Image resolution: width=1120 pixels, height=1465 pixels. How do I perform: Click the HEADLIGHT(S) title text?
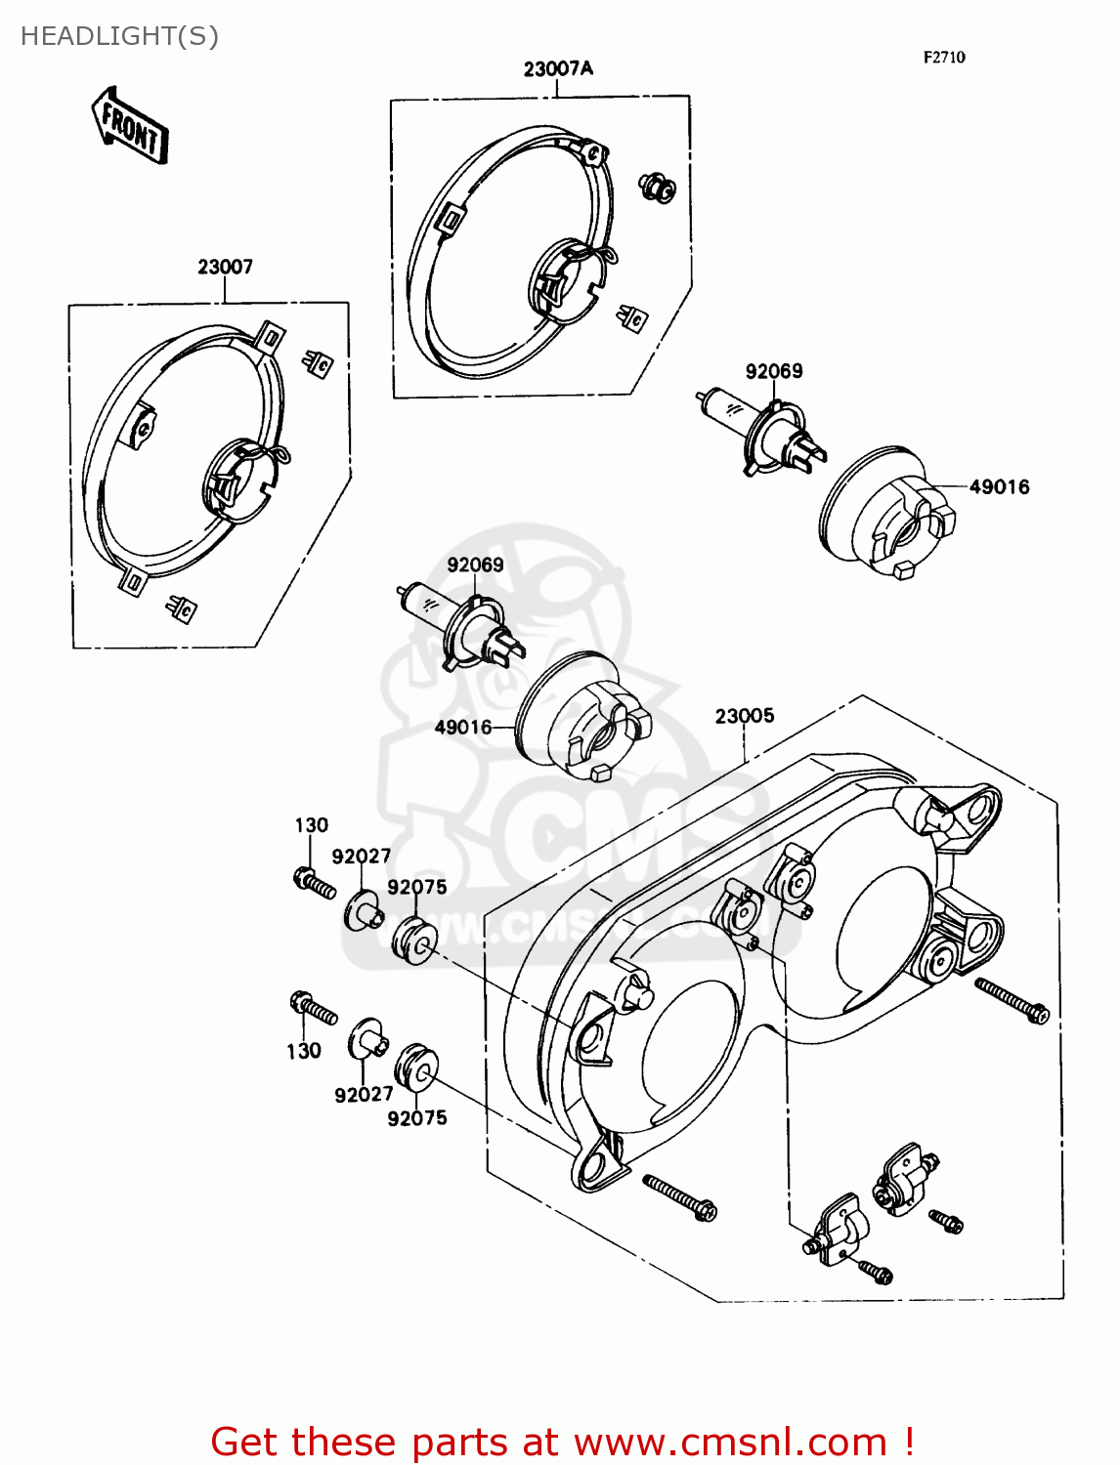click(x=119, y=36)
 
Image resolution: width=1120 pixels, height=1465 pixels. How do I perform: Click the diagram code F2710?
click(x=944, y=58)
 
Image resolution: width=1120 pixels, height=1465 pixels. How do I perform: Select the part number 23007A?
click(x=558, y=69)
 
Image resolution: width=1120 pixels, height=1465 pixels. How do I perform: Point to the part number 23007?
click(x=225, y=267)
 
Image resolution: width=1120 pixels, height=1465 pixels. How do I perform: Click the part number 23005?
click(x=744, y=716)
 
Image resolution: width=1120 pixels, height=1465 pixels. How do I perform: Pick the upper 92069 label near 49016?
click(x=774, y=371)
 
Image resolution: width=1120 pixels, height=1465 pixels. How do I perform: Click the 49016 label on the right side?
click(x=999, y=486)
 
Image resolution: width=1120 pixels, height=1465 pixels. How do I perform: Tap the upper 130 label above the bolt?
click(x=312, y=825)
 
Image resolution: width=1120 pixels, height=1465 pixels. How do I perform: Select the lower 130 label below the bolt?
click(x=304, y=1051)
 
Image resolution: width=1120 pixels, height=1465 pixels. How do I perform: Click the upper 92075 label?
click(x=417, y=887)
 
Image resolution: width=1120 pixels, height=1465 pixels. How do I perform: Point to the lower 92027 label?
click(x=364, y=1095)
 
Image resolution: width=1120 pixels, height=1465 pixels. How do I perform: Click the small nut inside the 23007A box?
click(x=658, y=188)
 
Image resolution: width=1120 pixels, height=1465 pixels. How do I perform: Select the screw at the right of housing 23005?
click(x=1012, y=1001)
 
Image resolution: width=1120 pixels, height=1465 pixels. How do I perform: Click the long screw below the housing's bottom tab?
click(x=679, y=1197)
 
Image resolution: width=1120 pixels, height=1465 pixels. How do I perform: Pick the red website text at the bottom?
click(x=562, y=1442)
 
